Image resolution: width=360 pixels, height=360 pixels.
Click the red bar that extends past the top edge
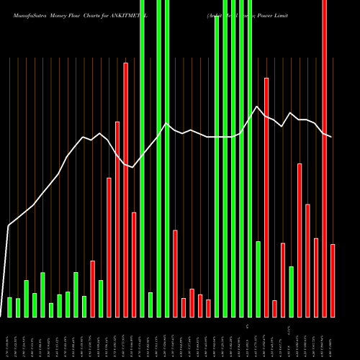pyautogui.click(x=324, y=144)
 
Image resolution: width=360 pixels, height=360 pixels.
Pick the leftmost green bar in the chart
pyautogui.click(x=9, y=307)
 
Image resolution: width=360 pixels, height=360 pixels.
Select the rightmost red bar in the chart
pyautogui.click(x=333, y=281)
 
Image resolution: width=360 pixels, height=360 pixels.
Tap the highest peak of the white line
pyautogui.click(x=257, y=107)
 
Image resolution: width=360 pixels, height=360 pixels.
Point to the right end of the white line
pyautogui.click(x=332, y=137)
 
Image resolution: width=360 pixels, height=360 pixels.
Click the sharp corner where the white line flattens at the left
pyautogui.click(x=9, y=226)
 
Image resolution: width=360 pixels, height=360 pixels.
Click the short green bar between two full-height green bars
pyautogui.click(x=150, y=305)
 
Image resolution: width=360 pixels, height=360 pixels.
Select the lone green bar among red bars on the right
pyautogui.click(x=291, y=292)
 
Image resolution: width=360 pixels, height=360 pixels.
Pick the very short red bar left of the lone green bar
pyautogui.click(x=274, y=309)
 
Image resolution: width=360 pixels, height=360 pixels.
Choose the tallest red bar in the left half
pyautogui.click(x=125, y=190)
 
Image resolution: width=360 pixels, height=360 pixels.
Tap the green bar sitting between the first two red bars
pyautogui.click(x=101, y=299)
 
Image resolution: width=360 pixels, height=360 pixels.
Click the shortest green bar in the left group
pyautogui.click(x=50, y=310)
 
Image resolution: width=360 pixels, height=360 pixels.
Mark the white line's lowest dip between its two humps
pyautogui.click(x=133, y=167)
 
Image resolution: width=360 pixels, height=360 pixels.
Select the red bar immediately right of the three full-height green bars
pyautogui.click(x=175, y=274)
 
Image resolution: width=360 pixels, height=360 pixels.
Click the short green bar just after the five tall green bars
pyautogui.click(x=258, y=279)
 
